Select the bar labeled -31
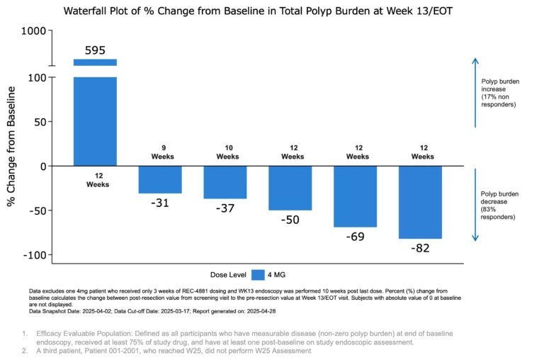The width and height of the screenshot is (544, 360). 160,179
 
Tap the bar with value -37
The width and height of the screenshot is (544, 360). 226,182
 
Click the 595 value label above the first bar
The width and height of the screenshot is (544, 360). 95,50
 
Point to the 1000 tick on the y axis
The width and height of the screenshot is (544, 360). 33,31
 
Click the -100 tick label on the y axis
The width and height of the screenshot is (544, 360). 33,255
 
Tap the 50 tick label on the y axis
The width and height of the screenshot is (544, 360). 38,122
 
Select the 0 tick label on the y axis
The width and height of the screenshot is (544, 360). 42,167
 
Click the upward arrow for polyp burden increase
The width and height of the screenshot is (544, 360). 475,92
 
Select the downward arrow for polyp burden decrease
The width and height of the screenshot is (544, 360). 475,206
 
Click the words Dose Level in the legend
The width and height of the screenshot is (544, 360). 228,274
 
